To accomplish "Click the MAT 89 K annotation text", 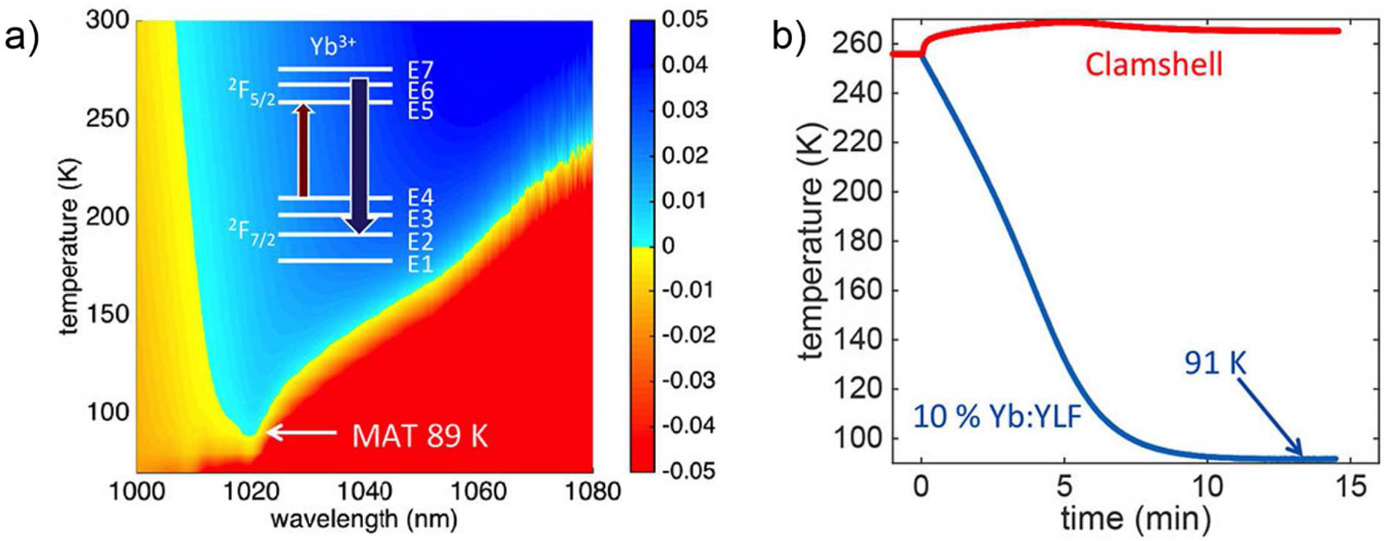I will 419,436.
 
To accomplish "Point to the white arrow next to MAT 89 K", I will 301,433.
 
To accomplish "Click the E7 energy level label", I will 421,70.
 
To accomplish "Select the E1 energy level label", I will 421,264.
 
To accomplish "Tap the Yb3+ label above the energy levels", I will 332,46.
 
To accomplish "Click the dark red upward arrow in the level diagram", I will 304,151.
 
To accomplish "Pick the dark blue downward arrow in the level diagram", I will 359,154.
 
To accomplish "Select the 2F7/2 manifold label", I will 251,232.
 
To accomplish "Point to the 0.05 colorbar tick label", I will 684,19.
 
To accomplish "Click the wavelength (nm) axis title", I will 364,519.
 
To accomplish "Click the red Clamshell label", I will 1153,64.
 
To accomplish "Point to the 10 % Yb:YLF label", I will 997,416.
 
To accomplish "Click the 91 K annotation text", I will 1215,362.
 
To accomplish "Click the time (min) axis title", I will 1135,517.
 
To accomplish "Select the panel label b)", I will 789,36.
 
